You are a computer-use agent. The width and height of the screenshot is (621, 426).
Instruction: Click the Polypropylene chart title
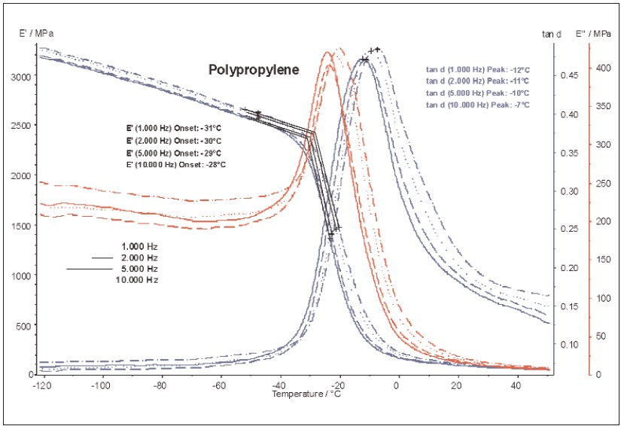pyautogui.click(x=254, y=69)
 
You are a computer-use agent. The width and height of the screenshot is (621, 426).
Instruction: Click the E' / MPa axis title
pyautogui.click(x=36, y=34)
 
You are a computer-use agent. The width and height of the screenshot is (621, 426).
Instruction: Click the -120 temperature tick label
pyautogui.click(x=41, y=385)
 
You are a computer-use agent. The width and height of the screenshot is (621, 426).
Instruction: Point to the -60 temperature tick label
pyautogui.click(x=219, y=385)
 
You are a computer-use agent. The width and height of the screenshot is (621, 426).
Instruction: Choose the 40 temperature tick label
pyautogui.click(x=516, y=385)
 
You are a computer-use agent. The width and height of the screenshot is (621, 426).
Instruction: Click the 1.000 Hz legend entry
pyautogui.click(x=140, y=246)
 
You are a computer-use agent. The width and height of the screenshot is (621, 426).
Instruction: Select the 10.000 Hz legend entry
pyautogui.click(x=138, y=279)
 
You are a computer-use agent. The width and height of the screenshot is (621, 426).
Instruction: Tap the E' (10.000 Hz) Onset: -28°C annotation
pyautogui.click(x=175, y=164)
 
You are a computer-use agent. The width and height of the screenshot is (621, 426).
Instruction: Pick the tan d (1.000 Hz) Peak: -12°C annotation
pyautogui.click(x=477, y=70)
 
